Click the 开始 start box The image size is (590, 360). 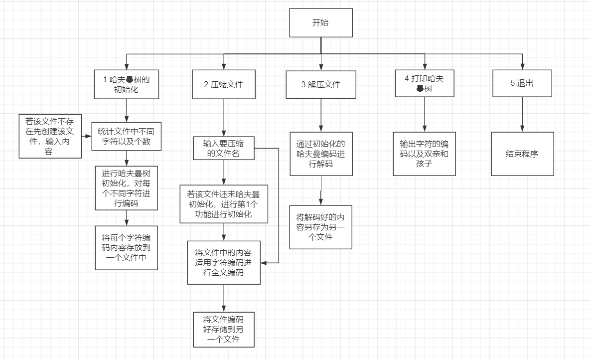[x=321, y=22]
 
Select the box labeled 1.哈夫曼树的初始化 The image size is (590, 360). [x=126, y=84]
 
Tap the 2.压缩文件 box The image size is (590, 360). [x=223, y=84]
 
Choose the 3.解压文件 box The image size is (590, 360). [x=321, y=84]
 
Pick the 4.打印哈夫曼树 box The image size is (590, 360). [x=425, y=83]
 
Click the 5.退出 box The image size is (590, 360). [x=522, y=83]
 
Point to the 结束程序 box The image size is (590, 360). [x=522, y=154]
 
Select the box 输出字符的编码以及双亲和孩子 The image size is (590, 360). [x=425, y=154]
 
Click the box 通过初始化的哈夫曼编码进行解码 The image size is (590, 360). [x=321, y=154]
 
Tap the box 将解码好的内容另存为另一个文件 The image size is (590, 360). [x=321, y=227]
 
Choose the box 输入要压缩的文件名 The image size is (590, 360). [x=224, y=149]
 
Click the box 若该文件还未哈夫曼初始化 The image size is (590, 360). [x=224, y=203]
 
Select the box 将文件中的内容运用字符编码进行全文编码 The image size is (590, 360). [x=224, y=262]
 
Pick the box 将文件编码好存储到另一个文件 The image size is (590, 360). [x=224, y=330]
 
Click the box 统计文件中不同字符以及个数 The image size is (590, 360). [x=127, y=136]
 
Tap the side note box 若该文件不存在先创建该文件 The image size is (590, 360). [x=49, y=136]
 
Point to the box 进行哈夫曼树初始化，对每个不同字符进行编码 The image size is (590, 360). [x=127, y=188]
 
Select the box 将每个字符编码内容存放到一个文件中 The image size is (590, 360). [x=127, y=248]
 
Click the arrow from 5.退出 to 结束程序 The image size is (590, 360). [x=522, y=114]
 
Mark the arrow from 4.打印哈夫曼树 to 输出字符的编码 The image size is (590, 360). [x=425, y=114]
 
